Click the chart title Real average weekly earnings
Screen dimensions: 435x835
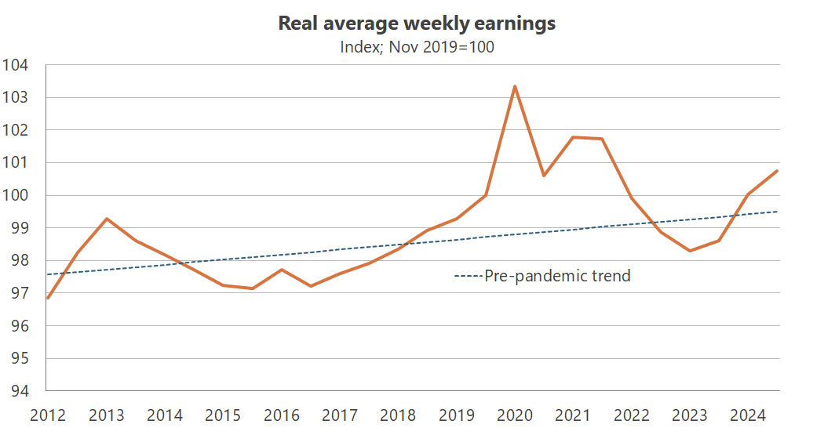(x=417, y=24)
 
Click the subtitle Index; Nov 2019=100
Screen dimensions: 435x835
(x=417, y=47)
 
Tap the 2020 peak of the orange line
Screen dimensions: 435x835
(x=514, y=86)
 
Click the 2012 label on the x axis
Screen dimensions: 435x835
(x=46, y=414)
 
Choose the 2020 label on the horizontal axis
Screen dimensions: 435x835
(x=514, y=414)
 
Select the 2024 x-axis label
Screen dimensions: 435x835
(x=748, y=414)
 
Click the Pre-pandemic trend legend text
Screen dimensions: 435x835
(x=557, y=276)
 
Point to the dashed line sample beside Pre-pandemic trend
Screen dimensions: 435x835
(x=469, y=276)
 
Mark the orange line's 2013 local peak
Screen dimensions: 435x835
(x=106, y=219)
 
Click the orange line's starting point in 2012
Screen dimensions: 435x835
(x=48, y=298)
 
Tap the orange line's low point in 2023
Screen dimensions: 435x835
(x=690, y=251)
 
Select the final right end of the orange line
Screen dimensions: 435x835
(x=777, y=171)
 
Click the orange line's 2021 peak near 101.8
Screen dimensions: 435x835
(x=573, y=137)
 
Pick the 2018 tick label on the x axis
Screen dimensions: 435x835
(x=398, y=414)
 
